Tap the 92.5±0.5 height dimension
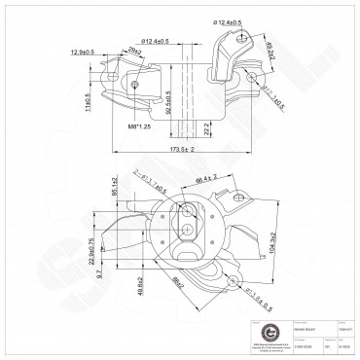point(167,103)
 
